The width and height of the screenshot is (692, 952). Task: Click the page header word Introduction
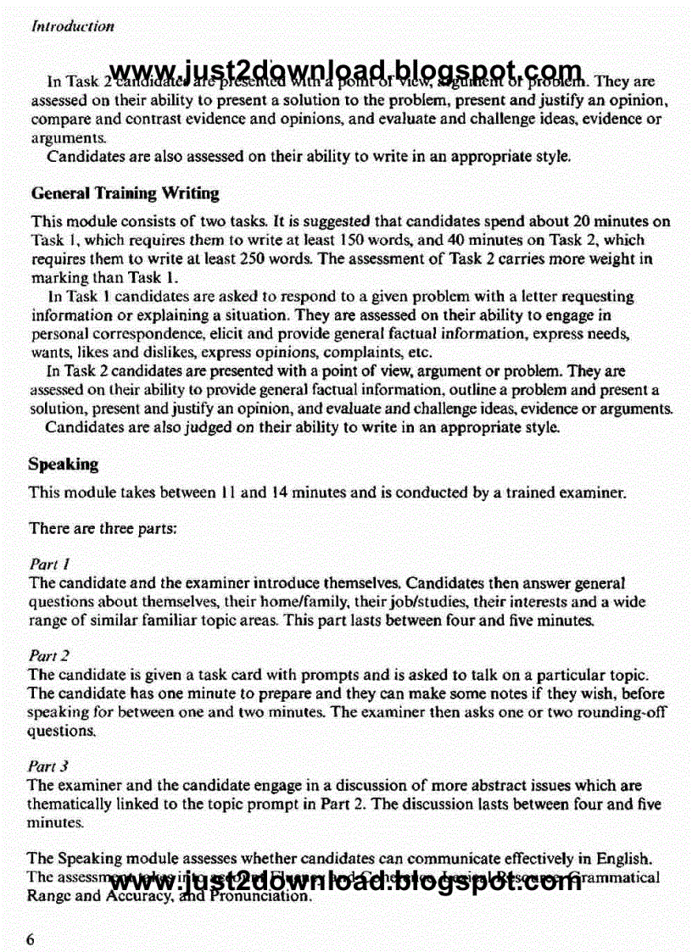coord(72,25)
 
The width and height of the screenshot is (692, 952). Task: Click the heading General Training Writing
coord(125,194)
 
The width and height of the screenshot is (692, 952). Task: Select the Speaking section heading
coord(63,465)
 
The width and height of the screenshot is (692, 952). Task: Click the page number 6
coord(32,939)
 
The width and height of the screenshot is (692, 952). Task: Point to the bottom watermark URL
coord(346,882)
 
